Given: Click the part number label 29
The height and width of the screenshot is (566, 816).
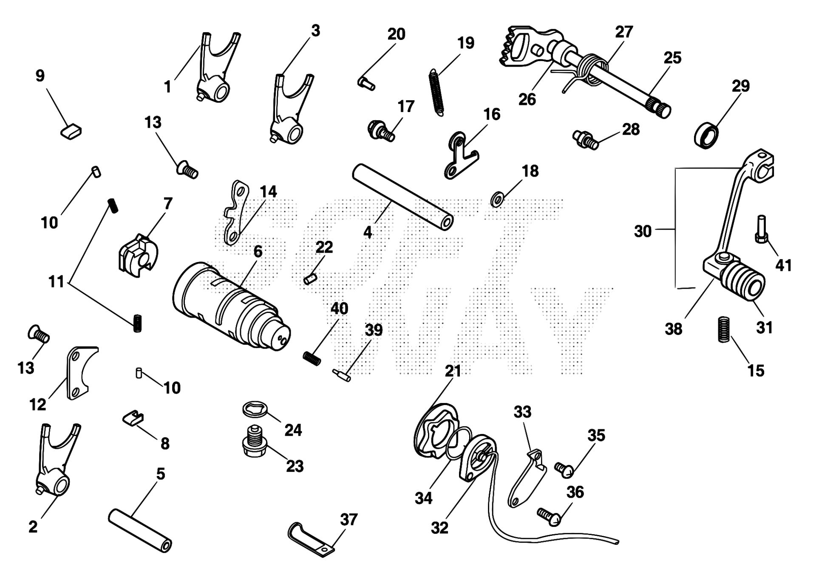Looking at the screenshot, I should [x=741, y=86].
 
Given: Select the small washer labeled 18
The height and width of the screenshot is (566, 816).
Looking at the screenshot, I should [x=496, y=199].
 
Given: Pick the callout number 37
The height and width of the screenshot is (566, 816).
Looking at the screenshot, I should [x=349, y=519].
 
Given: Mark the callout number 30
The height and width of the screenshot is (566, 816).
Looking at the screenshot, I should [x=643, y=231].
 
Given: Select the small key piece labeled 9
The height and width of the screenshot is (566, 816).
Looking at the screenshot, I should [x=71, y=130].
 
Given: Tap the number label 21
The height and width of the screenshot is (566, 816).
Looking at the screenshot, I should [x=453, y=371].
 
